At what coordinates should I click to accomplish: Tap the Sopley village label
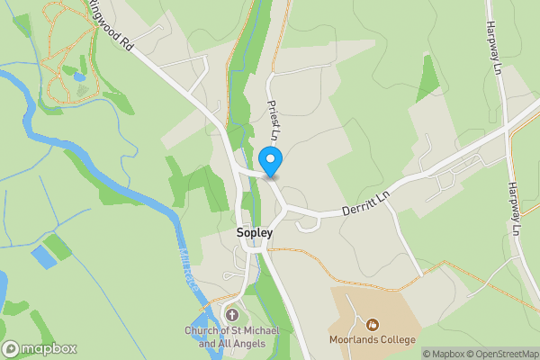tap(254, 232)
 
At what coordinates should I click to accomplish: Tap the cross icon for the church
tap(233, 315)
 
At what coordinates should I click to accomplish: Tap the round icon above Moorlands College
tap(372, 324)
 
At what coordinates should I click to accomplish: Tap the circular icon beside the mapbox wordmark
tap(12, 348)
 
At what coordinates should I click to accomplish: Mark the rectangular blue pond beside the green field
tap(42, 257)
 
